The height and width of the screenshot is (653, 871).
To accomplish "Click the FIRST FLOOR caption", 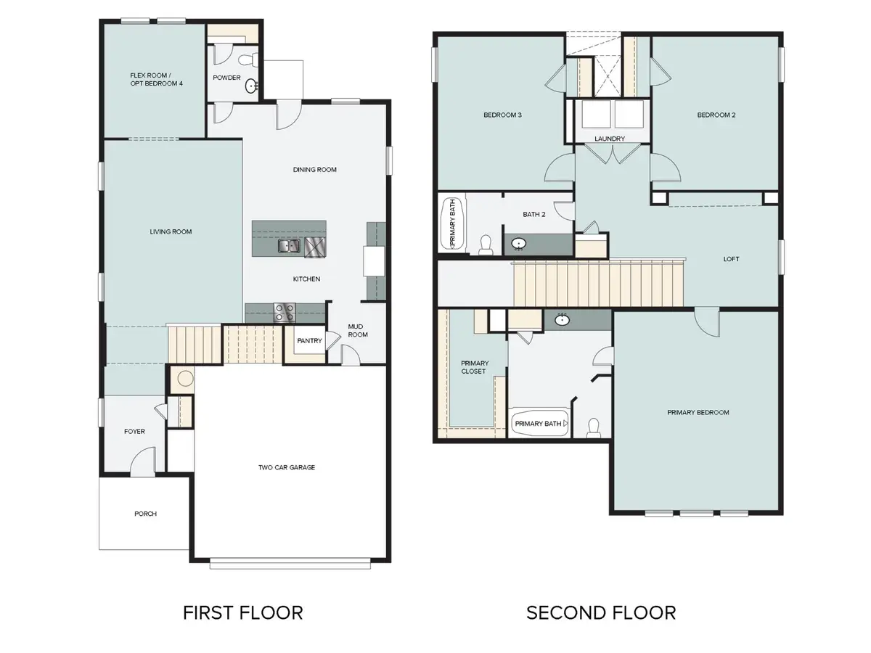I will coord(242,612).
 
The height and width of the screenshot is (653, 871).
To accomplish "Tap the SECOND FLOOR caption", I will coord(601,612).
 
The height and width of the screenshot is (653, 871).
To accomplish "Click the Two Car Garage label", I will coord(287,467).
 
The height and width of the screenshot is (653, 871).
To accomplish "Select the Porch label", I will coord(145,513).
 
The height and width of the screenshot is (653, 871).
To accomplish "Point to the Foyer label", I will coord(134,431).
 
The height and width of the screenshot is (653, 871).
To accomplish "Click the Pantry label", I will coord(309,340).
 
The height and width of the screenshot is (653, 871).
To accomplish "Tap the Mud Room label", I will coord(358,331).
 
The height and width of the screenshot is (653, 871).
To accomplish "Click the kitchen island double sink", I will coord(289,247).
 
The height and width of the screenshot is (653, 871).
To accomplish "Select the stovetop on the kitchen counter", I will coord(284,313).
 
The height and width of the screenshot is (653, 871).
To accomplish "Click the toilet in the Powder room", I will coord(245,58).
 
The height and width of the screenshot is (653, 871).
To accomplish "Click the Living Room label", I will coord(171,231).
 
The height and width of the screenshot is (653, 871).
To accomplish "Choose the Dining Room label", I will coord(315,170).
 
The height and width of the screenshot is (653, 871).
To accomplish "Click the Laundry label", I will coord(609,139).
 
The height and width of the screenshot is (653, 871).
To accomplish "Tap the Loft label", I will coord(731,259).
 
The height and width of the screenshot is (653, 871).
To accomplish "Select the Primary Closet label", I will coord(475,367).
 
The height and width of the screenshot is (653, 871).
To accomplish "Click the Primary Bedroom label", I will coord(698,412).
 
